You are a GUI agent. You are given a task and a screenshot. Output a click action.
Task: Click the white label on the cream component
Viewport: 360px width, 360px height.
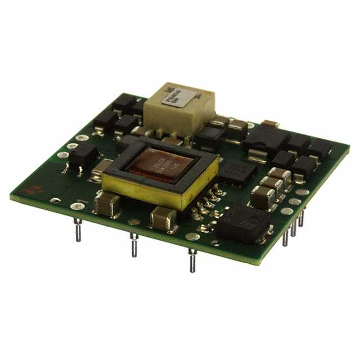176,97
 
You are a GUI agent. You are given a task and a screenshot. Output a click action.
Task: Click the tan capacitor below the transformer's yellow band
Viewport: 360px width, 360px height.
164,218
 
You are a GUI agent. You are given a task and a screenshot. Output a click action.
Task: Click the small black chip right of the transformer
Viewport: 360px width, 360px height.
237,172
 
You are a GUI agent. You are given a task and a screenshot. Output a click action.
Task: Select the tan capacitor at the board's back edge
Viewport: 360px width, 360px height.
271,124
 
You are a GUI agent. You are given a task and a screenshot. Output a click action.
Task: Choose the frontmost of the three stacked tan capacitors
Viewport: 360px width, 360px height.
262,197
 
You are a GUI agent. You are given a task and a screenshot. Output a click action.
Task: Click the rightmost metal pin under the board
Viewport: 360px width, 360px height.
301,217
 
